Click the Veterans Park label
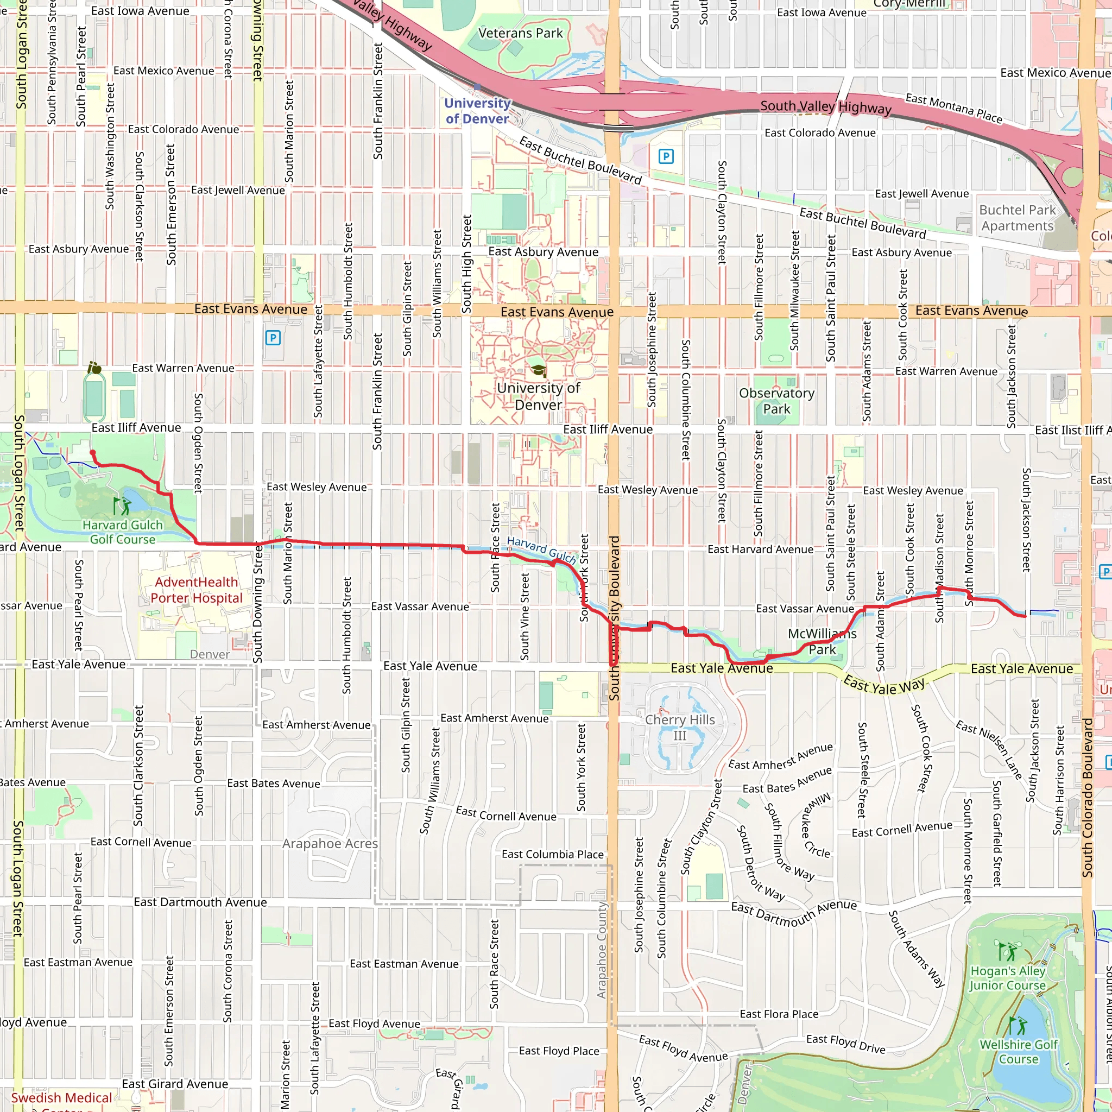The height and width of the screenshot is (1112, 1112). click(x=520, y=33)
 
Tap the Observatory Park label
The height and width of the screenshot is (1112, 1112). click(x=776, y=401)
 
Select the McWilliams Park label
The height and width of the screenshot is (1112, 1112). click(x=822, y=641)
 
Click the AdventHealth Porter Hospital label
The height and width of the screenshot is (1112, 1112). click(x=196, y=590)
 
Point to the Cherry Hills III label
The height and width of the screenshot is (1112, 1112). click(x=680, y=728)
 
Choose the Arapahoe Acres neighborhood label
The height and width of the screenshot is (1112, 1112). click(x=330, y=844)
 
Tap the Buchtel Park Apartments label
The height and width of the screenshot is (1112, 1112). click(x=1018, y=218)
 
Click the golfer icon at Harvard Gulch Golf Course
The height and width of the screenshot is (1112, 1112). click(x=122, y=506)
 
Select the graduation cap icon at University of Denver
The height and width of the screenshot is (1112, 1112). click(x=539, y=370)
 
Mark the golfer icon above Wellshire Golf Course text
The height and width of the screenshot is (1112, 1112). click(x=1018, y=1025)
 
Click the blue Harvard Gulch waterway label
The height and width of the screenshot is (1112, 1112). click(x=541, y=549)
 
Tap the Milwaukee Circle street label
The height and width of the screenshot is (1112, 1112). click(x=817, y=825)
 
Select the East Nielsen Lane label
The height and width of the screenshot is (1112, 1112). click(x=989, y=749)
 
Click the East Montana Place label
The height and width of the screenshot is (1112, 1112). click(x=953, y=108)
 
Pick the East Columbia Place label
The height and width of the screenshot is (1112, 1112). click(x=553, y=854)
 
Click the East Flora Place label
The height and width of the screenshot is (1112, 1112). click(x=779, y=1014)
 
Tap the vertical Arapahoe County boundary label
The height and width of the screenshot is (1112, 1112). click(x=602, y=950)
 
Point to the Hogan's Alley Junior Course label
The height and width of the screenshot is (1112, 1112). click(x=1007, y=978)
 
